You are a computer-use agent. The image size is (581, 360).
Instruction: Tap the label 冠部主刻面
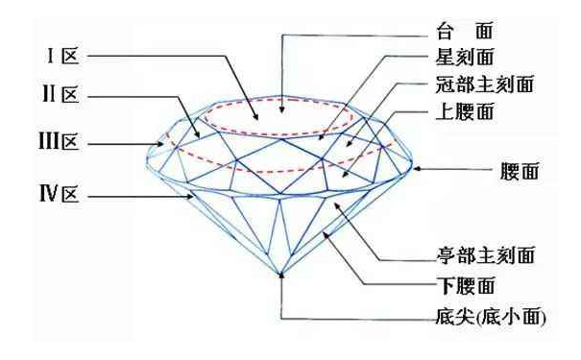[479, 85]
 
